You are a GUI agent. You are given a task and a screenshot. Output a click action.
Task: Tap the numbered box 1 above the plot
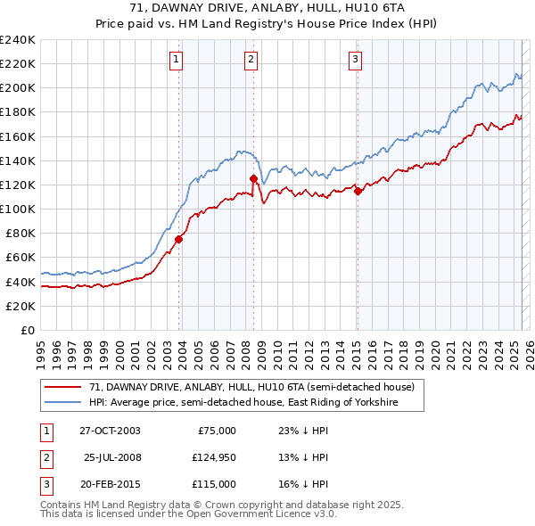[x=177, y=60]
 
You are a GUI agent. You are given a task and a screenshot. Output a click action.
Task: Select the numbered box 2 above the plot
[x=251, y=60]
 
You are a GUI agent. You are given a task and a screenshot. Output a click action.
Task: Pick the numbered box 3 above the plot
[x=355, y=60]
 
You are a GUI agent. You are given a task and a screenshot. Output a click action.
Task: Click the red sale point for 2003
[x=179, y=238]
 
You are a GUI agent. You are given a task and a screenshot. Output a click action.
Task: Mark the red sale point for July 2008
[x=254, y=178]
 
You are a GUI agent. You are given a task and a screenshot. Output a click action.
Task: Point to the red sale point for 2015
[x=358, y=190]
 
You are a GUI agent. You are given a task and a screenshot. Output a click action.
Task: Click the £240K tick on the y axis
[x=18, y=39]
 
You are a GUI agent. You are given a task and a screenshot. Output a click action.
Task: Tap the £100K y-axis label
[x=18, y=209]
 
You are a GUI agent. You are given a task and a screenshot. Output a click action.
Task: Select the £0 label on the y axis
[x=27, y=330]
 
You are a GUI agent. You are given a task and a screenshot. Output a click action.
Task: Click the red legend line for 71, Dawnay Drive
[x=64, y=388]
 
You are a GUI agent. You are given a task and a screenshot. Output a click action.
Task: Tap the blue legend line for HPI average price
[x=64, y=403]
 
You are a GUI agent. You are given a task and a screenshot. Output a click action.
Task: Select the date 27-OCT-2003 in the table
[x=110, y=431]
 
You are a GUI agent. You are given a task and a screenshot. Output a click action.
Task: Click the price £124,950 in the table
[x=211, y=457]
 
